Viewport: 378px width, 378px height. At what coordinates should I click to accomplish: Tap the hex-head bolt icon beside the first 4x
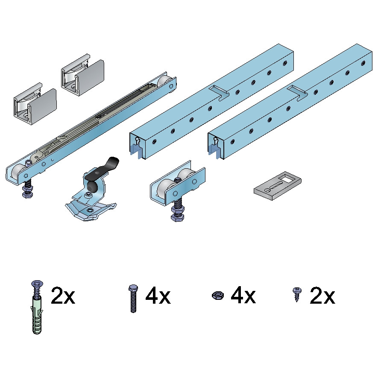click(133, 299)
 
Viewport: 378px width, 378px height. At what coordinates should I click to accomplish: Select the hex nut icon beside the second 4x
click(218, 295)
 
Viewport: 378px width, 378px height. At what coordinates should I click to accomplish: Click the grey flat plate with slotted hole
click(278, 186)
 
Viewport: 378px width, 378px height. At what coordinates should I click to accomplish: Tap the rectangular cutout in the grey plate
click(287, 179)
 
